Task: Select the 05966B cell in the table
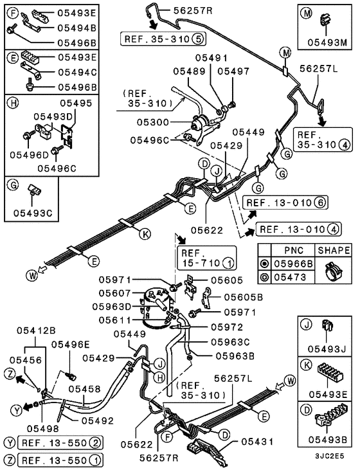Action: click(291, 263)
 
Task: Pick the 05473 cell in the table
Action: click(287, 276)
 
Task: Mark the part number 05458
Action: click(85, 388)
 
